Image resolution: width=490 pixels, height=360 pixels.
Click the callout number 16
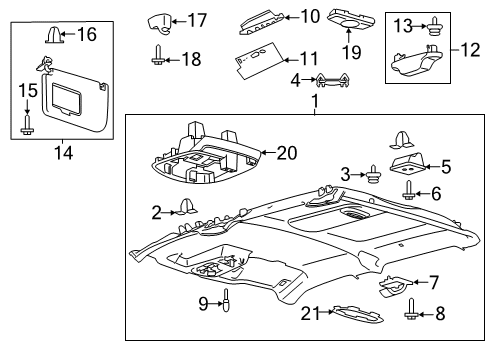point(87,35)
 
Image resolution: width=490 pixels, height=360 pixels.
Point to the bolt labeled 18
point(159,56)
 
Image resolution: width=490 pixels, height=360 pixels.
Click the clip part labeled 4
point(332,80)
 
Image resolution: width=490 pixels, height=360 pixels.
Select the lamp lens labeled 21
point(345,315)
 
